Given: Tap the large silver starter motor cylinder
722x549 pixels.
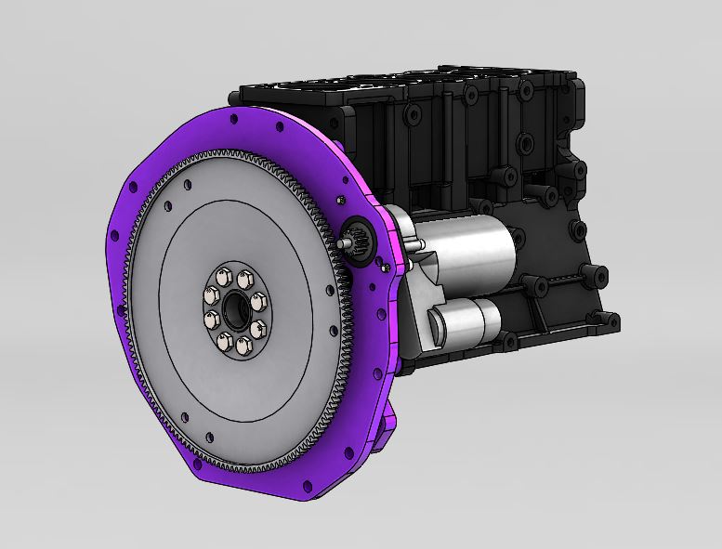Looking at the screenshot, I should point(465,250).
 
